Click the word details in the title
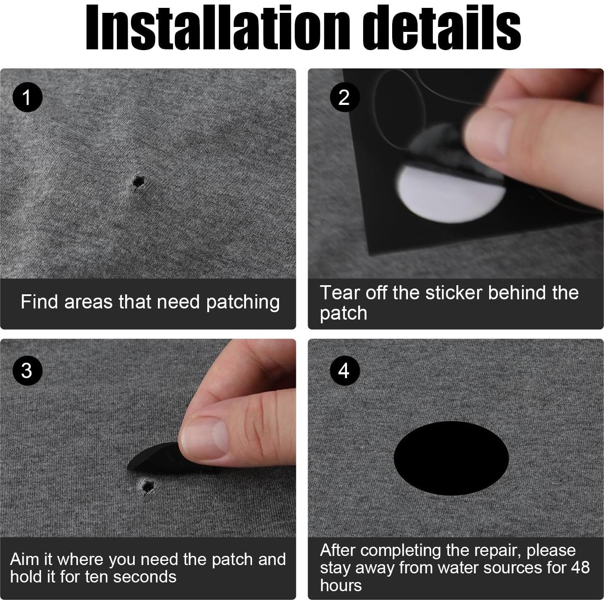[441, 27]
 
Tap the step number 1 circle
[27, 97]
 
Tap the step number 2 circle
[344, 97]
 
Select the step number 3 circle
[27, 371]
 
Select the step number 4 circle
[344, 371]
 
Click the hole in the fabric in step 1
[138, 181]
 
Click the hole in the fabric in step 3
[147, 486]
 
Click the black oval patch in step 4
[451, 458]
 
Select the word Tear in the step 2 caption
[340, 293]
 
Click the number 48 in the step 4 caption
[580, 568]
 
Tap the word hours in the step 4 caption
[341, 585]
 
